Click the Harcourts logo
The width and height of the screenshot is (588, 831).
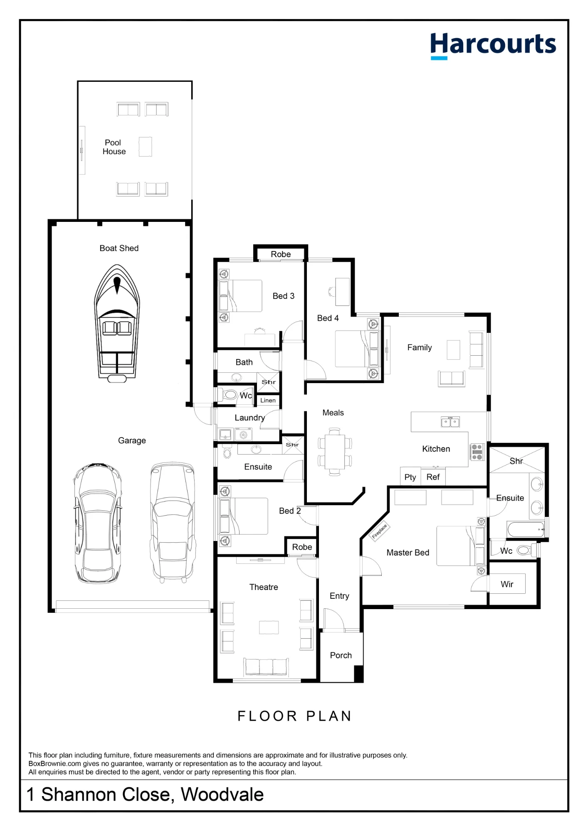pyautogui.click(x=493, y=45)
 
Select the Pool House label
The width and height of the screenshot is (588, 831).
pyautogui.click(x=114, y=147)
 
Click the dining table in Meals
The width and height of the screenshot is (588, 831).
pyautogui.click(x=335, y=452)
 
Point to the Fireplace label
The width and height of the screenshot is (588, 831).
pyautogui.click(x=379, y=531)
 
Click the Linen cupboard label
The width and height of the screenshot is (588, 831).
pyautogui.click(x=268, y=401)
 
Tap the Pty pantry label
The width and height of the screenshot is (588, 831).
pyautogui.click(x=410, y=477)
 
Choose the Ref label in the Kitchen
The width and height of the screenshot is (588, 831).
pyautogui.click(x=433, y=477)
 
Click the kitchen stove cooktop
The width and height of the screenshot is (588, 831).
pyautogui.click(x=477, y=452)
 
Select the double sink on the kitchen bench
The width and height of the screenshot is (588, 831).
pyautogui.click(x=450, y=422)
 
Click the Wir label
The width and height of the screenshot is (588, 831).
pyautogui.click(x=507, y=584)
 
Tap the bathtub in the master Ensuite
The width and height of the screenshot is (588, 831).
pyautogui.click(x=526, y=530)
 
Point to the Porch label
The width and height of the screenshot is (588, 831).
pyautogui.click(x=341, y=655)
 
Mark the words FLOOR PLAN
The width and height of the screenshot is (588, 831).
pyautogui.click(x=294, y=716)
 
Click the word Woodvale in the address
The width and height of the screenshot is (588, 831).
pyautogui.click(x=222, y=794)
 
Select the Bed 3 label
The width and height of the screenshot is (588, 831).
pyautogui.click(x=283, y=296)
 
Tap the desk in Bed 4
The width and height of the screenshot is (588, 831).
pyautogui.click(x=343, y=291)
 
